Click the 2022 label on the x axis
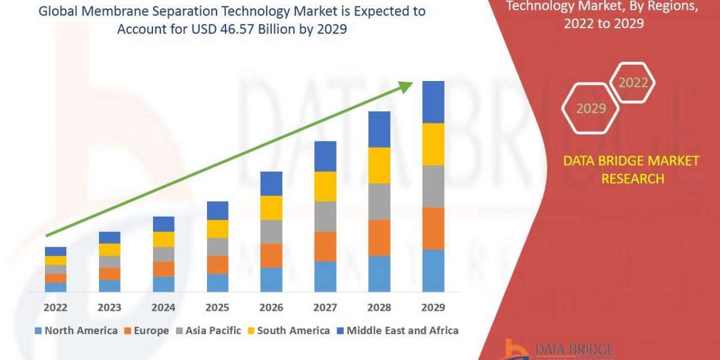point(55,308)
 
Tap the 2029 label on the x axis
point(433,308)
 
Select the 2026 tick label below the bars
point(271,308)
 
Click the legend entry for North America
point(76,331)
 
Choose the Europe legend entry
point(146,331)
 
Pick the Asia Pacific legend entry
point(208,331)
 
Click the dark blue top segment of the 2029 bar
point(433,102)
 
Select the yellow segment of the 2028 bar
point(379,165)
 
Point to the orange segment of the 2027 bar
point(325,246)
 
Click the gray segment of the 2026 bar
point(271,232)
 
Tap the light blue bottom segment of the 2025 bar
point(217,283)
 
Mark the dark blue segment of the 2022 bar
point(55,251)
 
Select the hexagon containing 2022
point(633,82)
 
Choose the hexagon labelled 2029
point(590,109)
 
